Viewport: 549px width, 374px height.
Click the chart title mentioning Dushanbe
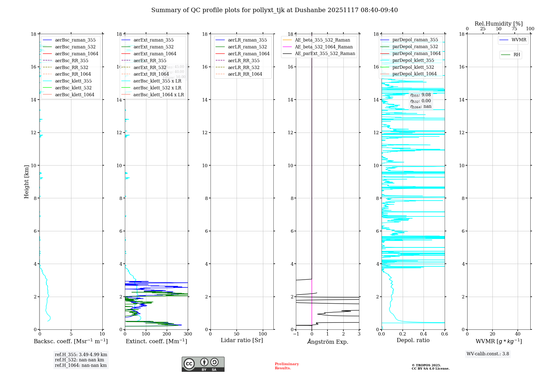point(274,10)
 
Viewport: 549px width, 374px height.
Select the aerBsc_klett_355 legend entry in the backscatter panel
point(73,81)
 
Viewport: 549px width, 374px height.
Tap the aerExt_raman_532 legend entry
point(153,47)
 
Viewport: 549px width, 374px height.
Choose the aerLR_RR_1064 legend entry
point(245,74)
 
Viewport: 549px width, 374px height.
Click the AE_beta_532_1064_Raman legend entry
point(323,47)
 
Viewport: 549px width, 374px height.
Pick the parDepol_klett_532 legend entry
point(413,67)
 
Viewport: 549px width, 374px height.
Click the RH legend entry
point(516,55)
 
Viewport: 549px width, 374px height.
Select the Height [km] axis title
point(26,182)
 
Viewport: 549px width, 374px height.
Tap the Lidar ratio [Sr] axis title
point(242,340)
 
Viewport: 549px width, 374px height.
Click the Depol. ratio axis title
point(413,340)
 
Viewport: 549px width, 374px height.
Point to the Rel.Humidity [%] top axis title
point(498,24)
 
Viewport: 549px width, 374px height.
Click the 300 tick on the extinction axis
point(188,334)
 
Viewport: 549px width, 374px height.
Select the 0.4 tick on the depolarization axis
point(424,334)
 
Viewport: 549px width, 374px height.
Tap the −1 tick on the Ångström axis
point(296,334)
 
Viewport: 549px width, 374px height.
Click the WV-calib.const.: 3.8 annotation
point(488,354)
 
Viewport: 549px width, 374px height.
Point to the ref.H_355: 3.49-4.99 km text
point(81,355)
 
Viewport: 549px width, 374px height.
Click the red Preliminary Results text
point(287,366)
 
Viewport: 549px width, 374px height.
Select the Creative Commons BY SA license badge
point(203,364)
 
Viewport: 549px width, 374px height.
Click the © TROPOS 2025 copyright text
point(426,365)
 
